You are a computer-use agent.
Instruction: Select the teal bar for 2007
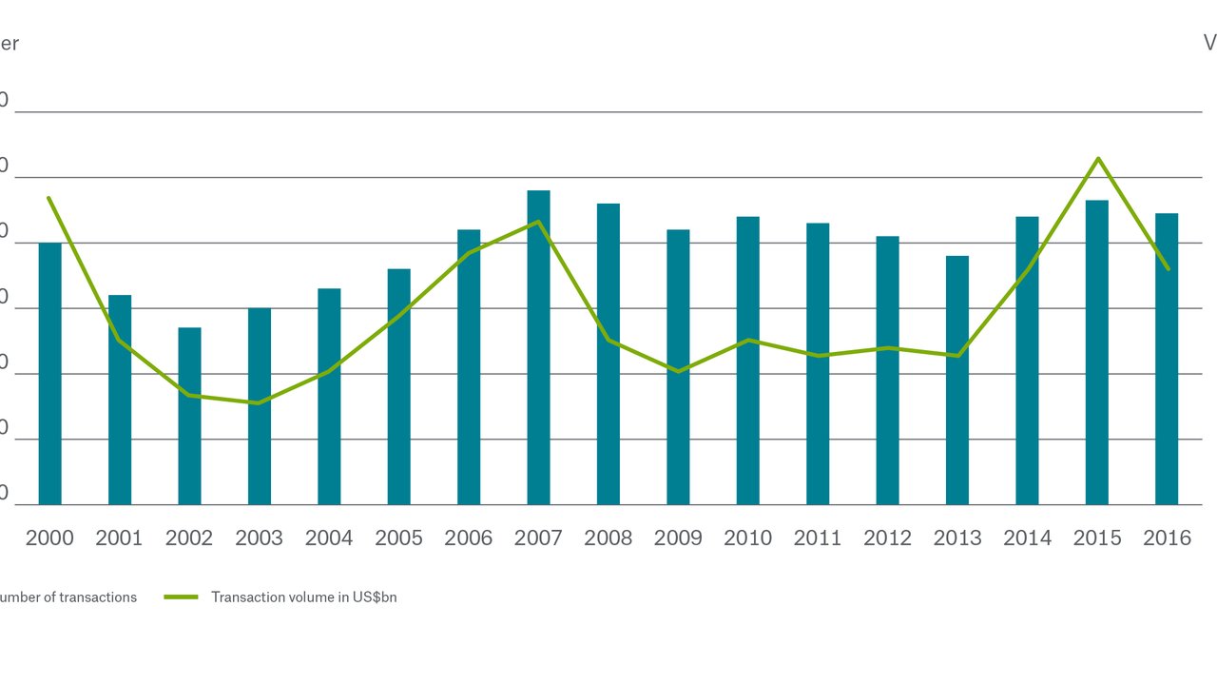tap(538, 347)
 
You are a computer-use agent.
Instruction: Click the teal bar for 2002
tap(189, 416)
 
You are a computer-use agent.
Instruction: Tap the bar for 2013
tap(957, 381)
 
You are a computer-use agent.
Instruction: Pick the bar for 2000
tap(49, 374)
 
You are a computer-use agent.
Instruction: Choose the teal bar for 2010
tap(748, 361)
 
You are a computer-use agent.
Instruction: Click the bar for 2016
tap(1167, 359)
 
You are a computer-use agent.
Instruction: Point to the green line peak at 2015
tap(1098, 159)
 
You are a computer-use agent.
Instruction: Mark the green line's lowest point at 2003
tap(259, 402)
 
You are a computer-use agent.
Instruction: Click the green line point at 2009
tap(678, 371)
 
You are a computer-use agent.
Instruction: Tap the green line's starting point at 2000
tap(48, 198)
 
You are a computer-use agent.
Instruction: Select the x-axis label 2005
tap(398, 538)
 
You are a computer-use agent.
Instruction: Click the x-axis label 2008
tap(608, 538)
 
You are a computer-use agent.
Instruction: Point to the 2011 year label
tap(818, 538)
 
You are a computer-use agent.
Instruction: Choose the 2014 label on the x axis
tap(1027, 538)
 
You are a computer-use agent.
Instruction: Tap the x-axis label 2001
tap(119, 538)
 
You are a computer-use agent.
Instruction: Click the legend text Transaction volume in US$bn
tap(303, 597)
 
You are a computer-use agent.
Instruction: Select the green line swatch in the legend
tap(181, 597)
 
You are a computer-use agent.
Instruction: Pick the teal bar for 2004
tap(329, 397)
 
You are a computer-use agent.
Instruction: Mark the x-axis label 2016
tap(1167, 538)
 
